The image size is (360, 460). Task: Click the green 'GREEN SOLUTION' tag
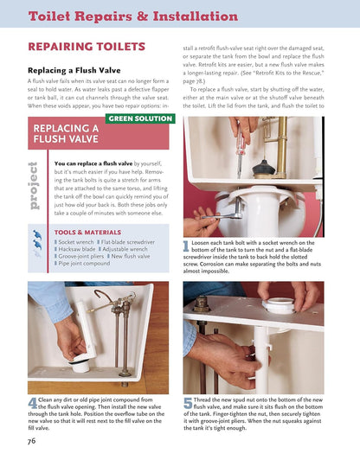point(140,118)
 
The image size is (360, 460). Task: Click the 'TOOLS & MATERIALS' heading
point(87,233)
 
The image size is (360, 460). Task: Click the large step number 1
point(186,247)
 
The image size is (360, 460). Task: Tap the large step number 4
point(32,403)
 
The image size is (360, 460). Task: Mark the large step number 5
point(187,403)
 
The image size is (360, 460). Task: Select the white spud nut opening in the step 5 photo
point(280,305)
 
